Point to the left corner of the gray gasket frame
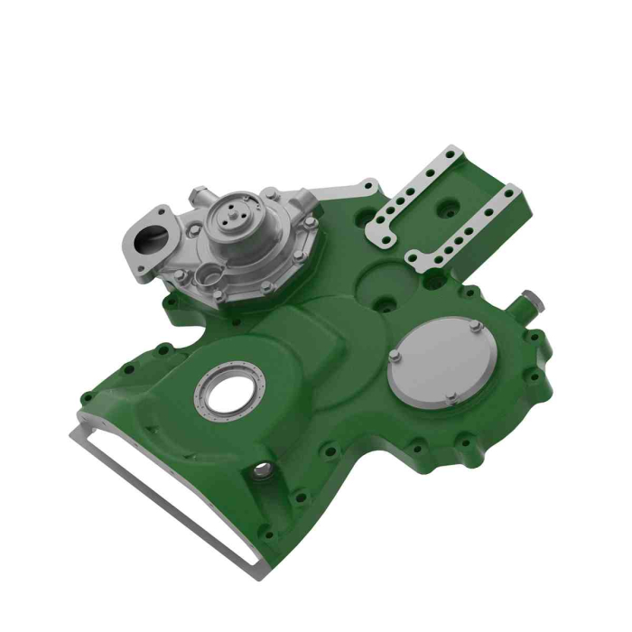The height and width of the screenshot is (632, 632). tap(74, 433)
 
